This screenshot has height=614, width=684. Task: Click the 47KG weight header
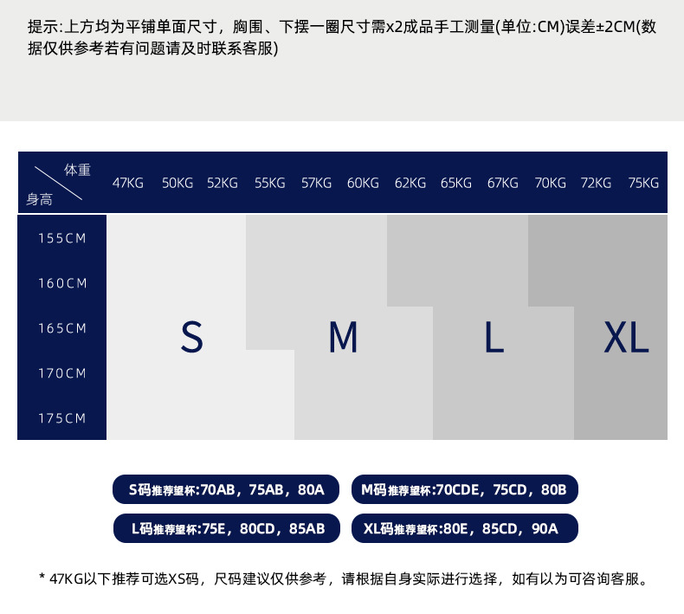click(x=128, y=183)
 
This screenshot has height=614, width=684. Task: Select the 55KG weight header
click(x=269, y=183)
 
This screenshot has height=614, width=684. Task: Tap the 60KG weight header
click(x=363, y=183)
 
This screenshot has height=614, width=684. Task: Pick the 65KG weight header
click(x=456, y=183)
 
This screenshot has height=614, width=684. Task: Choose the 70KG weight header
click(x=550, y=183)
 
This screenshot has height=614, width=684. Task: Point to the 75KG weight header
click(x=643, y=183)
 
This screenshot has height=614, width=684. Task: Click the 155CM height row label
click(x=62, y=238)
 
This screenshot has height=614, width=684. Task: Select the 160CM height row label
click(x=62, y=283)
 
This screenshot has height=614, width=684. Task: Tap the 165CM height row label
click(x=62, y=328)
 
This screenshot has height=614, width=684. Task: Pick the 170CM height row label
click(x=62, y=373)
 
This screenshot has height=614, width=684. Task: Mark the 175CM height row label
click(x=62, y=418)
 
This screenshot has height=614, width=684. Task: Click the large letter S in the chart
click(x=191, y=337)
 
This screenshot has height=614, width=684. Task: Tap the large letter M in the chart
click(x=343, y=337)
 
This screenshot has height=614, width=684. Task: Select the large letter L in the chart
click(x=494, y=337)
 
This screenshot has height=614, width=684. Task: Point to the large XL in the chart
click(x=626, y=337)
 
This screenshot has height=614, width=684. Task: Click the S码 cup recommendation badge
click(x=226, y=489)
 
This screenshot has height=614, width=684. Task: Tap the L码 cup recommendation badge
click(x=226, y=528)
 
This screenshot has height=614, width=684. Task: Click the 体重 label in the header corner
click(x=77, y=170)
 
